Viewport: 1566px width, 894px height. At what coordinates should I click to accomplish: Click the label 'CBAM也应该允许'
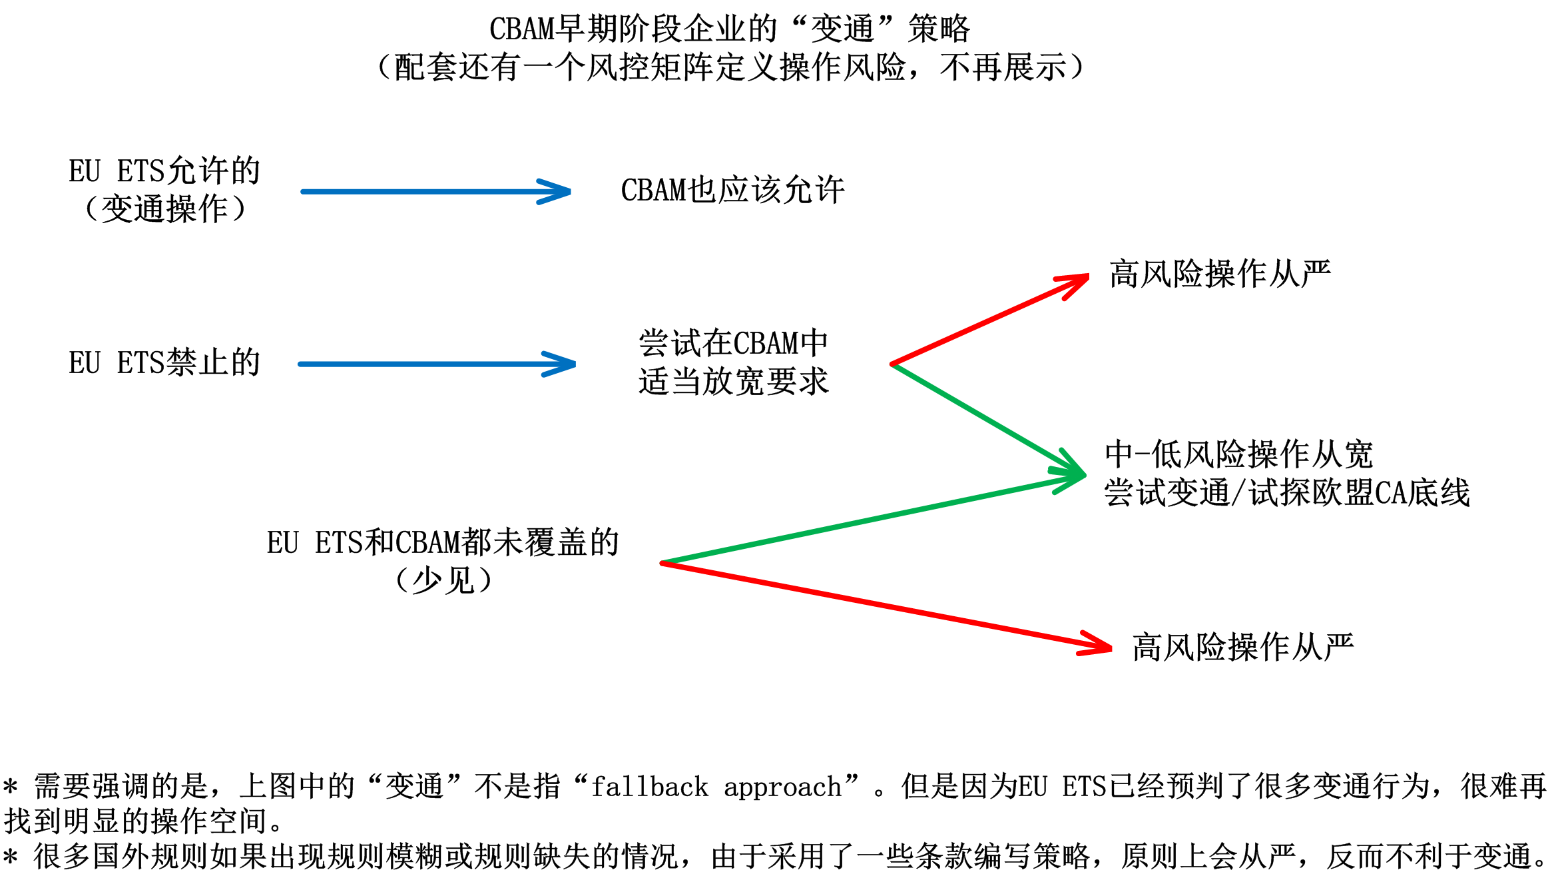coord(732,191)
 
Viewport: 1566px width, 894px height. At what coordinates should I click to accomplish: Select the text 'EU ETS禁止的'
coord(164,363)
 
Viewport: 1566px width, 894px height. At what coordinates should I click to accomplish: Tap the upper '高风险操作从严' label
coord(1220,274)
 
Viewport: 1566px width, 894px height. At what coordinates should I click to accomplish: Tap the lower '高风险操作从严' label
coord(1242,647)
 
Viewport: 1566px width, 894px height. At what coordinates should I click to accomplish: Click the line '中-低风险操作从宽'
coord(1238,454)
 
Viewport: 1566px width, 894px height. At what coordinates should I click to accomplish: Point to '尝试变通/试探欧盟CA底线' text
coord(1286,493)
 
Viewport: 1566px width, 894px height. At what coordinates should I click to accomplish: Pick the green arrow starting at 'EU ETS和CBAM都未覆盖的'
coord(866,519)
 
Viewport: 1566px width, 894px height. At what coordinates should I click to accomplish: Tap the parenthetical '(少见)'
coord(443,580)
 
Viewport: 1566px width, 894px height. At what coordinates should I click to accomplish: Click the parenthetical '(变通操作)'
coord(164,209)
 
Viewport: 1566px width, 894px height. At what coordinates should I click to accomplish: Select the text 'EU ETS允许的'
coord(164,171)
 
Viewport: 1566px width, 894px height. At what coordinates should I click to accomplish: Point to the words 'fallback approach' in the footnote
coord(716,787)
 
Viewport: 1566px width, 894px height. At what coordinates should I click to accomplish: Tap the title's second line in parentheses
coord(730,67)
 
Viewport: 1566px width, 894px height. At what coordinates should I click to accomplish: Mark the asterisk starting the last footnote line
coord(10,857)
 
